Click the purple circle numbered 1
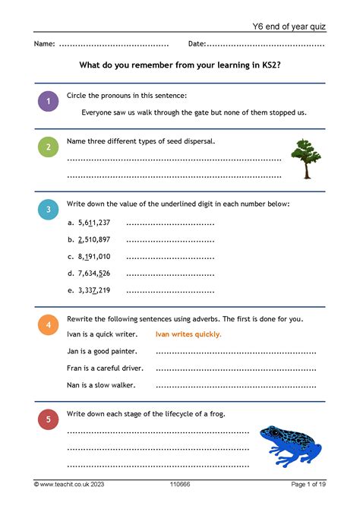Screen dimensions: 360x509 click(48, 102)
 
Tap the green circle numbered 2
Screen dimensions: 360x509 click(48, 147)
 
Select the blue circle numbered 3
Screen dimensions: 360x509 click(48, 210)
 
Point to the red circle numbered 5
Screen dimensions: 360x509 click(48, 420)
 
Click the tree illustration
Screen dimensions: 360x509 click(305, 158)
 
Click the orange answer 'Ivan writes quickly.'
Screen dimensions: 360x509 click(188, 334)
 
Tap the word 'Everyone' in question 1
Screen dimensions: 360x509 click(99, 112)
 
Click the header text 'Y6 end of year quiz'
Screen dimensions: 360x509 click(289, 27)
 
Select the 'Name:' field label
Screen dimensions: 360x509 click(44, 44)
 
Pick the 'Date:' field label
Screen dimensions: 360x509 click(197, 44)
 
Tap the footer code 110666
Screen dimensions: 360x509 click(181, 484)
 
